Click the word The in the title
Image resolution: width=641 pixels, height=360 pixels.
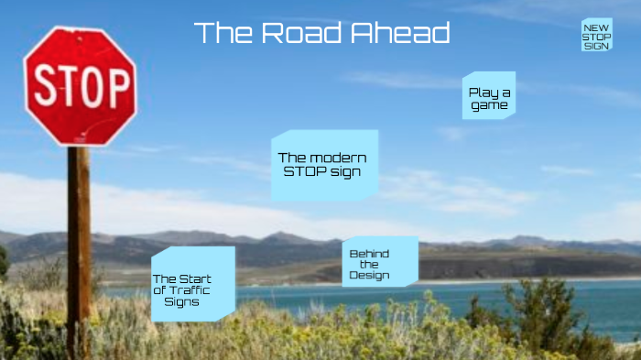pos(222,33)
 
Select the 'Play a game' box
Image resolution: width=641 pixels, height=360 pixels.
pos(489,97)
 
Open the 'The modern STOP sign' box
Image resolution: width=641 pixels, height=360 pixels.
pos(323,165)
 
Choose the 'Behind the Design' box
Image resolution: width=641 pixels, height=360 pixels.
pos(378,262)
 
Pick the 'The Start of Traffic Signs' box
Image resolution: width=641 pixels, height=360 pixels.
pos(192,284)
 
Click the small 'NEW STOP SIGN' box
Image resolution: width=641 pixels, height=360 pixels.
pos(596,35)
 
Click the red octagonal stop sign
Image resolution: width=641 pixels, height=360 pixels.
pos(81,86)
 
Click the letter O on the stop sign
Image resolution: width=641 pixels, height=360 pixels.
pos(92,88)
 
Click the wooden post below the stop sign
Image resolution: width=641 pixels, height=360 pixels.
pos(79,247)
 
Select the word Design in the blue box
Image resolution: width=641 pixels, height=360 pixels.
pos(369,275)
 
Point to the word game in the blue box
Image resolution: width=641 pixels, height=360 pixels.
pos(490,105)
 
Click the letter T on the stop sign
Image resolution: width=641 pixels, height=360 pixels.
pos(68,87)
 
